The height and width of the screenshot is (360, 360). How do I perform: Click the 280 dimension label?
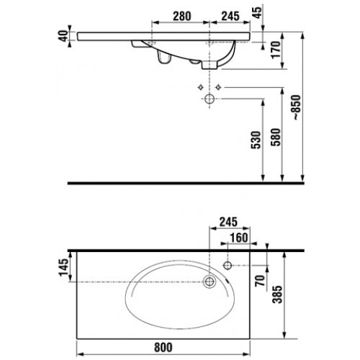[x=182, y=16]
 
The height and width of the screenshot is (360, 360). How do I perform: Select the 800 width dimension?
[x=163, y=347]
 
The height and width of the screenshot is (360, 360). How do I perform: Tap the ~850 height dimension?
[x=297, y=107]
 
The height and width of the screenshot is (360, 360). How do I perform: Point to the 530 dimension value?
[x=256, y=140]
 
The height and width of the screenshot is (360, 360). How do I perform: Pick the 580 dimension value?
[x=276, y=138]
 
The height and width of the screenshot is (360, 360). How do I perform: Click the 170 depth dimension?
[x=276, y=50]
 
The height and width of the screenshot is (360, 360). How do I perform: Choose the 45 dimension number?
[x=258, y=12]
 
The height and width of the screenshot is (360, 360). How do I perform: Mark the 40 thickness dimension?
[x=63, y=36]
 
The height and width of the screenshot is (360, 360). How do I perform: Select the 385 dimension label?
[x=277, y=294]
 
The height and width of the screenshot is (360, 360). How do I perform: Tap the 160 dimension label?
[x=239, y=238]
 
